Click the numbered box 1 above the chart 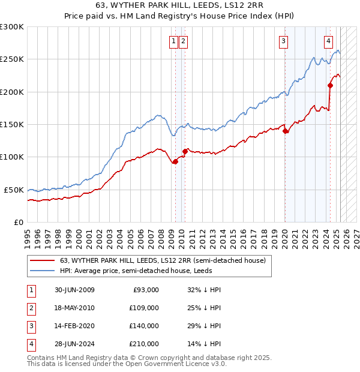tap(173, 41)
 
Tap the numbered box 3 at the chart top tap(283, 41)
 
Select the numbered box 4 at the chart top tap(329, 41)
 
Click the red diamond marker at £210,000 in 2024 tap(330, 85)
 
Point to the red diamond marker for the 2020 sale tap(285, 131)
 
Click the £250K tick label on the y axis tap(12, 59)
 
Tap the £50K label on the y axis tap(14, 190)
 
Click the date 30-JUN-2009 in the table tap(74, 290)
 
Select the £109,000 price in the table tap(145, 308)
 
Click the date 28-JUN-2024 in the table tap(74, 344)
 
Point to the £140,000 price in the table tap(145, 326)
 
